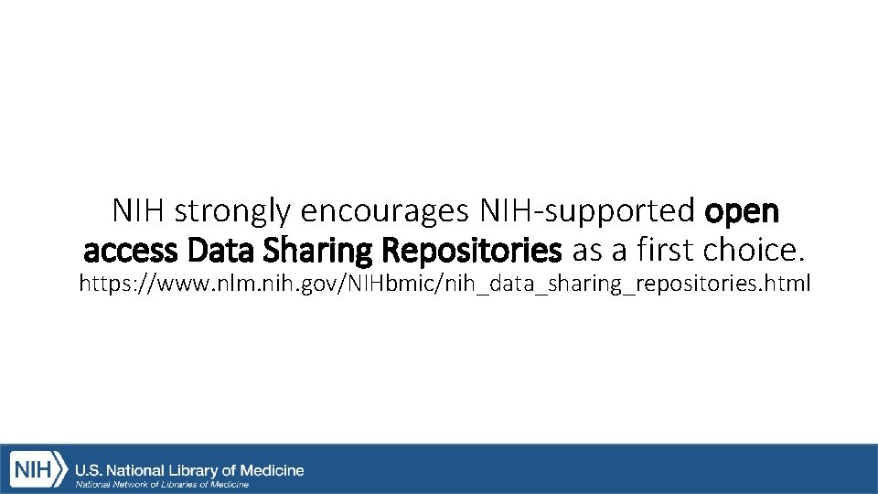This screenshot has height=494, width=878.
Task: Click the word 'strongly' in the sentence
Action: point(232,212)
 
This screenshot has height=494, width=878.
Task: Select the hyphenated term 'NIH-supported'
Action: point(587,212)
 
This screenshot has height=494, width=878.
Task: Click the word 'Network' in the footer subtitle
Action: point(128,484)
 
